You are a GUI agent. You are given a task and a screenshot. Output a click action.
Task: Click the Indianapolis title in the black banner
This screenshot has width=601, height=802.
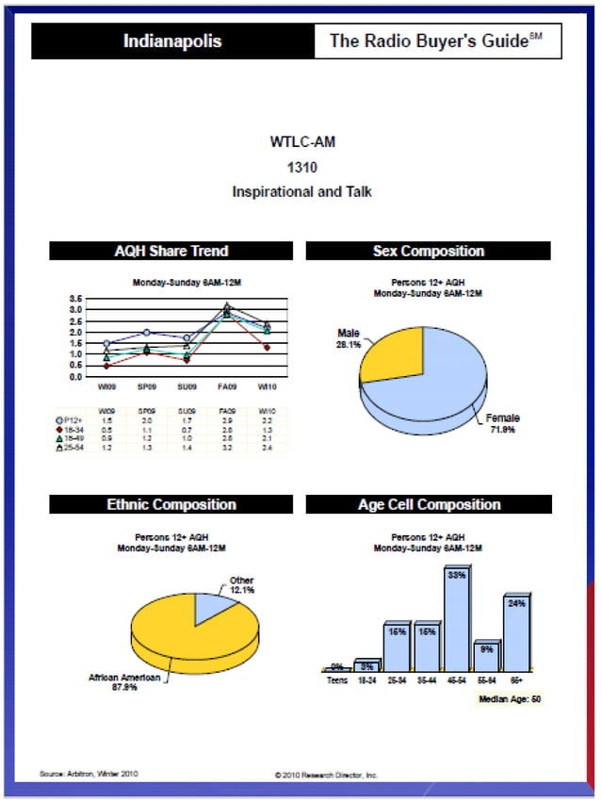[172, 41]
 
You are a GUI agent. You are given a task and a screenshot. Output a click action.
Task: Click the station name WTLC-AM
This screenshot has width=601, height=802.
[301, 142]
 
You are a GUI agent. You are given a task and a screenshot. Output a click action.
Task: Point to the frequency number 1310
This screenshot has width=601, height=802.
[301, 167]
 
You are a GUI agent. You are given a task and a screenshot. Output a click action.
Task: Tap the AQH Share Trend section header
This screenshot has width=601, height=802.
[171, 251]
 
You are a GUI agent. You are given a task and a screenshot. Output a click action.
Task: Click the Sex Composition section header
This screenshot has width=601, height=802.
[429, 251]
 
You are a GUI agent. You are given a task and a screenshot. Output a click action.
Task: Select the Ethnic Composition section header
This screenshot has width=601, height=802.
[171, 504]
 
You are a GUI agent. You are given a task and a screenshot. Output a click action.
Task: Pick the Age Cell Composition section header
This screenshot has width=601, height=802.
[429, 504]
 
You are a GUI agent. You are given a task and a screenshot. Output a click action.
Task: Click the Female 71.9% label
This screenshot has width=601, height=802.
[503, 423]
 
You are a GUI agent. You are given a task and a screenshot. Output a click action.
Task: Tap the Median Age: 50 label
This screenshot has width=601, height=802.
[509, 699]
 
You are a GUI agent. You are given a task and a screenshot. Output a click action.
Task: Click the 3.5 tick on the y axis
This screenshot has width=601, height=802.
[74, 299]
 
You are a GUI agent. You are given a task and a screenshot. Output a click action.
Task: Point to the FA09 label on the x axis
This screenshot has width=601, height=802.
[226, 385]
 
